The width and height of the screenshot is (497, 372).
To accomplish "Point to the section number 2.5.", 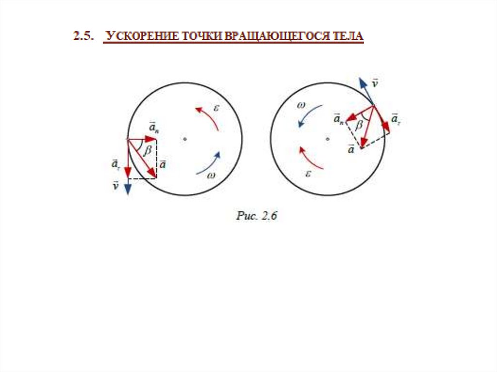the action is (83, 36).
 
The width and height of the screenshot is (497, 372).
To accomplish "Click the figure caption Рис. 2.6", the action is (256, 216).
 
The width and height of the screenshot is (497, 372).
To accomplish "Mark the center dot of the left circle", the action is (184, 139).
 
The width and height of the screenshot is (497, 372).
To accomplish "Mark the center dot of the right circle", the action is (328, 139).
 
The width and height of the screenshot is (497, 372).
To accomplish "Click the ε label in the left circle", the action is (216, 108).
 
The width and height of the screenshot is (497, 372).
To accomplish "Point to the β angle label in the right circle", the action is (359, 125).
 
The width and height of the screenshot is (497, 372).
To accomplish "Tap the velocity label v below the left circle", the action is (116, 185).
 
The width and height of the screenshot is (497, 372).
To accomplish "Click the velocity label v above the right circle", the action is (375, 83).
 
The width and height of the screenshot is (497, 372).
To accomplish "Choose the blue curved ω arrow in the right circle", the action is (306, 114).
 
